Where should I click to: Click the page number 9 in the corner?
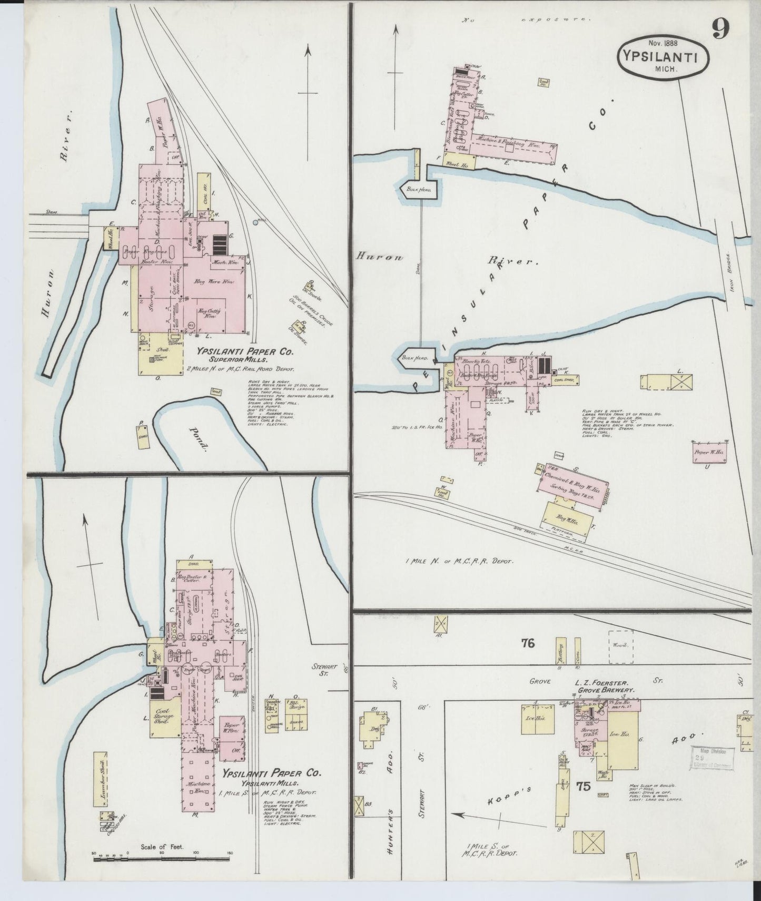click(720, 28)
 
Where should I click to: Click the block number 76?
click(528, 643)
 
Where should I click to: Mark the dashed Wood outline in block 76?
click(620, 645)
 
